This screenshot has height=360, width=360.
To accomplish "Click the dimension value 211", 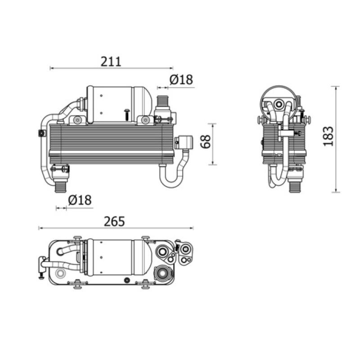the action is [111, 62].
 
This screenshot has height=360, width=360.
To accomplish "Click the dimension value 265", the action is [114, 221].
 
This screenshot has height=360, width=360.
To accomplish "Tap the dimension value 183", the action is [328, 136].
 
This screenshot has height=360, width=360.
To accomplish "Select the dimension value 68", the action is [206, 142].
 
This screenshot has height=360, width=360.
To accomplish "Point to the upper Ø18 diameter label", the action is [181, 80].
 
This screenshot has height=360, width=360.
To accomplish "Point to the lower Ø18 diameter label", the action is [80, 200].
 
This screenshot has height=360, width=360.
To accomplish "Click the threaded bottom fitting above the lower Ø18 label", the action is [61, 186].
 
